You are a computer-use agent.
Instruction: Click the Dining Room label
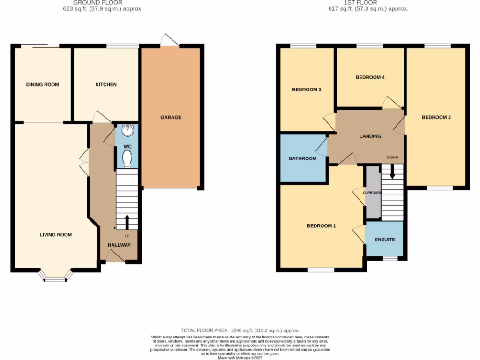[x=43, y=85]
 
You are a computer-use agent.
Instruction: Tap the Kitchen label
[x=106, y=85]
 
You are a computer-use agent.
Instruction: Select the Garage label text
[x=171, y=117]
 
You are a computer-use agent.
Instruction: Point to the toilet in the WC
[x=127, y=160]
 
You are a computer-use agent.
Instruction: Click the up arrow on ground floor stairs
[x=127, y=221]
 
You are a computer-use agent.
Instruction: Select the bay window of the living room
[x=56, y=277]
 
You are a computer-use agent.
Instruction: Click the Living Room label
[x=56, y=235]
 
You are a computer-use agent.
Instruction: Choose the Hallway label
[x=120, y=245]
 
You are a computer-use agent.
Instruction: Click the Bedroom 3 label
[x=307, y=90]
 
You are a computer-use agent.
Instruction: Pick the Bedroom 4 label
[x=370, y=77]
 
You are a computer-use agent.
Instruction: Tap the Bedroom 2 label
[x=436, y=117]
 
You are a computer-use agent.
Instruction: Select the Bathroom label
[x=302, y=158]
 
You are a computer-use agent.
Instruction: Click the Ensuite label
[x=384, y=240]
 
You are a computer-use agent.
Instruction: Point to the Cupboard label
[x=372, y=192]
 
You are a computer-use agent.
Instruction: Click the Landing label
[x=370, y=136]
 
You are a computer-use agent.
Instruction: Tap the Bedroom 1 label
[x=321, y=226]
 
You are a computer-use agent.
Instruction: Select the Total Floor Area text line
[x=240, y=330]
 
